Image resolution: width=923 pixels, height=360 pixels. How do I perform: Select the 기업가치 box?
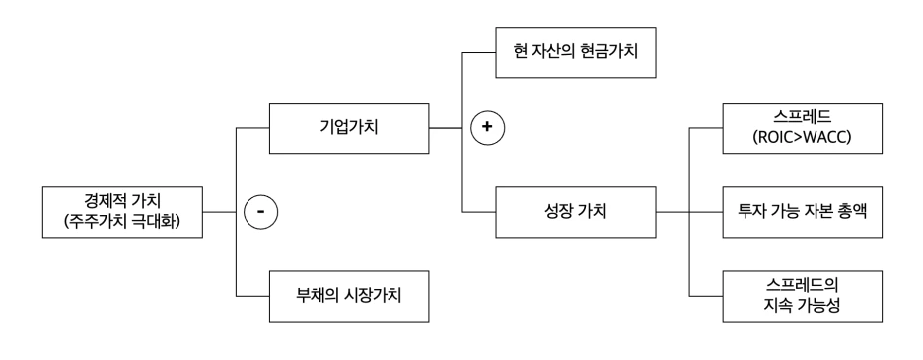pos(350,128)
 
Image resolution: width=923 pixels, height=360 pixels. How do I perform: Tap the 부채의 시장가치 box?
pos(350,295)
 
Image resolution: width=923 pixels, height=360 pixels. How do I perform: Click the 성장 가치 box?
pos(576,211)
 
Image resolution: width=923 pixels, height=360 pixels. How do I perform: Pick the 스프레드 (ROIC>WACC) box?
pos(801,128)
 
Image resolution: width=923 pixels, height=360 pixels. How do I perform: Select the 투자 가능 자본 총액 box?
pos(801,211)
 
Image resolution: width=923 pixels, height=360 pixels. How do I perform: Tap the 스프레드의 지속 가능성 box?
pos(801,295)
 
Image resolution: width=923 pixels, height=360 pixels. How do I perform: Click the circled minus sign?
pos(261,211)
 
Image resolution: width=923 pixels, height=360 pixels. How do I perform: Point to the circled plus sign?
pos(485,128)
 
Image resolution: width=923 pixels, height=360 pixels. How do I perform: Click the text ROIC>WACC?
pos(801,138)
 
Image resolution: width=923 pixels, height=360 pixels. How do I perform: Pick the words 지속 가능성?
pos(801,305)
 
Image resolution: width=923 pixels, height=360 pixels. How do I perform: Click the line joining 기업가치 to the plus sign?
pos(449,128)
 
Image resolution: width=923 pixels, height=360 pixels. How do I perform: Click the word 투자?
pos(751,211)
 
